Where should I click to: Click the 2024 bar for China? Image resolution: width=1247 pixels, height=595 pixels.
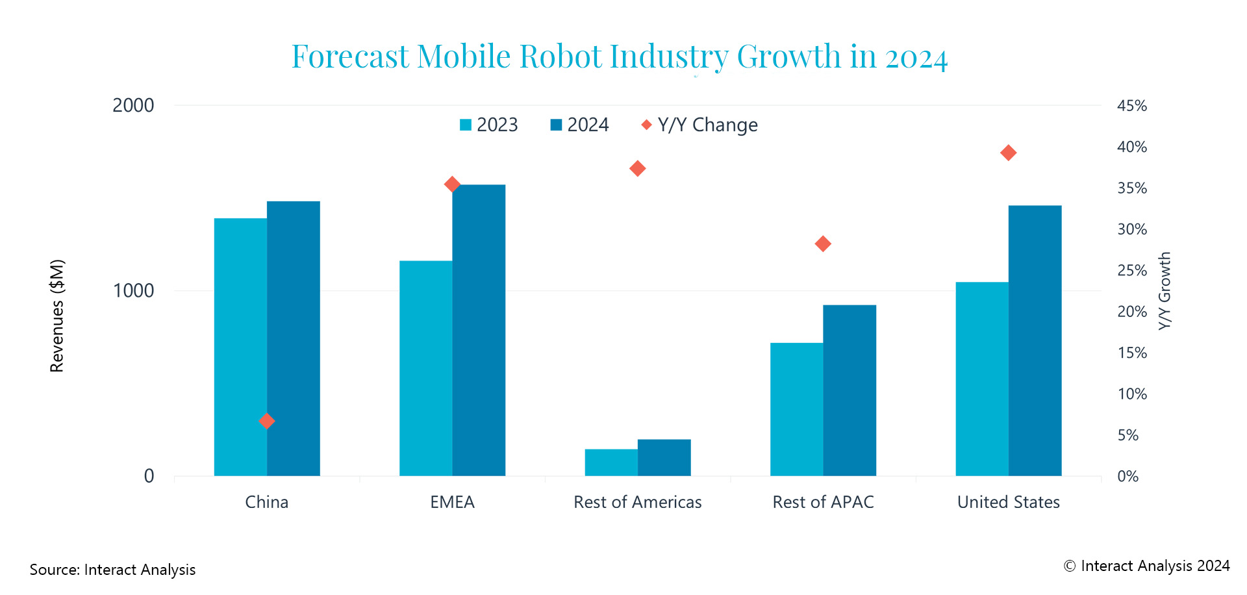(294, 338)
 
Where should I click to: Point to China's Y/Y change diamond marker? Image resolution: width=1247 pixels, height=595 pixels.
(266, 421)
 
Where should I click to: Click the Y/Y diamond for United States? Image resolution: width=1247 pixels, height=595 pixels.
(1008, 153)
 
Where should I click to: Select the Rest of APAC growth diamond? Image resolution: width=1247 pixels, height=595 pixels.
(823, 244)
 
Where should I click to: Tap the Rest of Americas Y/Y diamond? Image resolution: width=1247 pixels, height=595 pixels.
(637, 168)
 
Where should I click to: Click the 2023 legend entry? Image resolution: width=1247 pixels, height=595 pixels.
(489, 125)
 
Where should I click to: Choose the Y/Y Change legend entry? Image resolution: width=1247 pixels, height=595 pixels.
(699, 125)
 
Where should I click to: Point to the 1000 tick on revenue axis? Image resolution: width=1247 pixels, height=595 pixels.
(133, 290)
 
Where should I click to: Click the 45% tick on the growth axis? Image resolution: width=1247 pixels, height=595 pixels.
(1131, 106)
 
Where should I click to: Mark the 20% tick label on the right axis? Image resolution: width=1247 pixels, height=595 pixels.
(1131, 312)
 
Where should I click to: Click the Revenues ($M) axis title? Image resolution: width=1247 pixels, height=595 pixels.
(57, 316)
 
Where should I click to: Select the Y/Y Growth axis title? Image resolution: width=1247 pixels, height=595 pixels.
(1165, 290)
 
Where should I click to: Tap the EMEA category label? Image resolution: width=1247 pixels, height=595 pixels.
(452, 502)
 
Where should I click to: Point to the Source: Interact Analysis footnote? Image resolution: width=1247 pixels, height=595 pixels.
(112, 570)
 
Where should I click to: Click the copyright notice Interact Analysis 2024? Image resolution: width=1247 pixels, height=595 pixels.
(1146, 566)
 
